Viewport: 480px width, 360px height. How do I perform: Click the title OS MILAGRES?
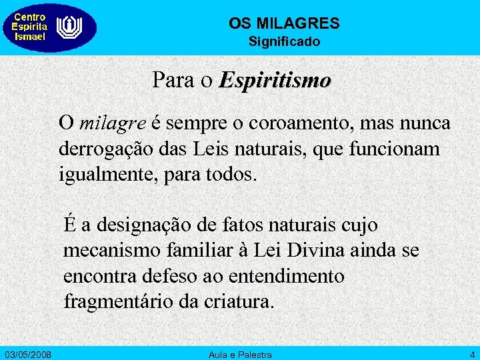(x=284, y=23)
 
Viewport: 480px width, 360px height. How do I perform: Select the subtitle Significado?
(x=284, y=42)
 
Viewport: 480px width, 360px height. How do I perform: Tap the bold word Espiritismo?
(x=275, y=81)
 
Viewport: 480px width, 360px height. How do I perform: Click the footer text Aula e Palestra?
(x=240, y=353)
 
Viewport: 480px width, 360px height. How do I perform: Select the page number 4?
(x=471, y=353)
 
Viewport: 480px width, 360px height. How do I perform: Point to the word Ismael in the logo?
(x=30, y=37)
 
